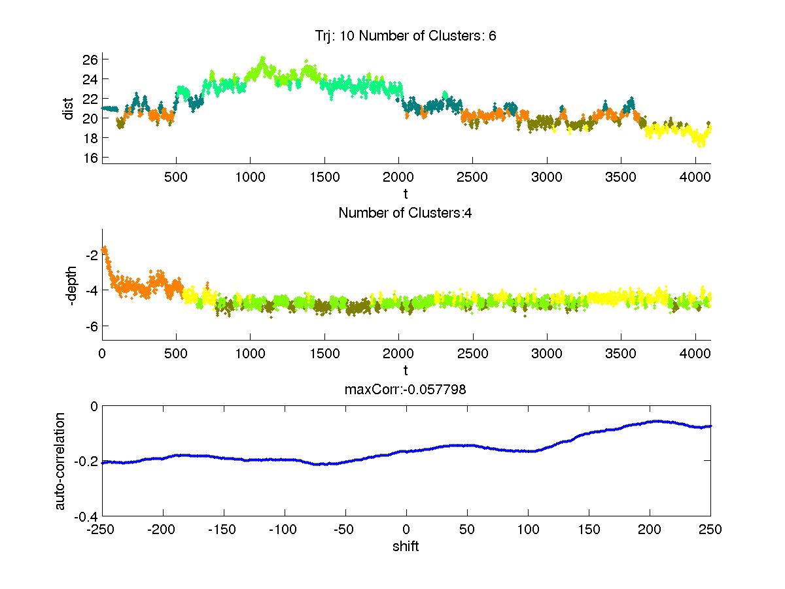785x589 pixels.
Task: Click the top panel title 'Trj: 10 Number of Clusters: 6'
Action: [x=406, y=36]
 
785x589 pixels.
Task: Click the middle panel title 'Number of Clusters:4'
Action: [x=406, y=212]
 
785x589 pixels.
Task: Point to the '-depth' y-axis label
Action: [x=69, y=284]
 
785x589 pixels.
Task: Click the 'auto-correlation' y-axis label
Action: [x=60, y=461]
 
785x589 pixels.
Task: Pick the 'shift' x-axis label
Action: [x=406, y=547]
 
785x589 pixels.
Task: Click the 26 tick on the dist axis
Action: [x=90, y=59]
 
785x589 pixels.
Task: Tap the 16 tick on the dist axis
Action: [x=90, y=158]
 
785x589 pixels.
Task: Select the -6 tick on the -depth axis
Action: [x=90, y=326]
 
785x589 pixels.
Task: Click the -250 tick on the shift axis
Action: [x=102, y=530]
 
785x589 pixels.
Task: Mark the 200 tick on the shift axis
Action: [x=649, y=530]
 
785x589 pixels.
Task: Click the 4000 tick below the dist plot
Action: [x=695, y=177]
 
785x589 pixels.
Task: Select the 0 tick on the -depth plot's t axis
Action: [x=102, y=354]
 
